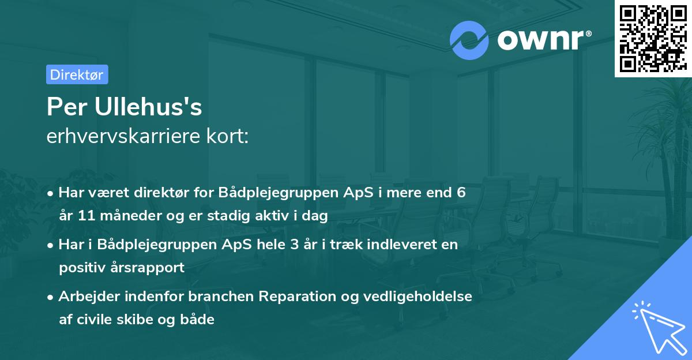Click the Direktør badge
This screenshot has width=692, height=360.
(x=77, y=74)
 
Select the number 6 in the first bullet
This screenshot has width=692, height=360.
(x=461, y=193)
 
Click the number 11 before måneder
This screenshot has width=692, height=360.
(x=84, y=216)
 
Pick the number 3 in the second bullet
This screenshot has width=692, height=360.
(x=297, y=244)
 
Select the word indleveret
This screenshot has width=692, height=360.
(x=403, y=244)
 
